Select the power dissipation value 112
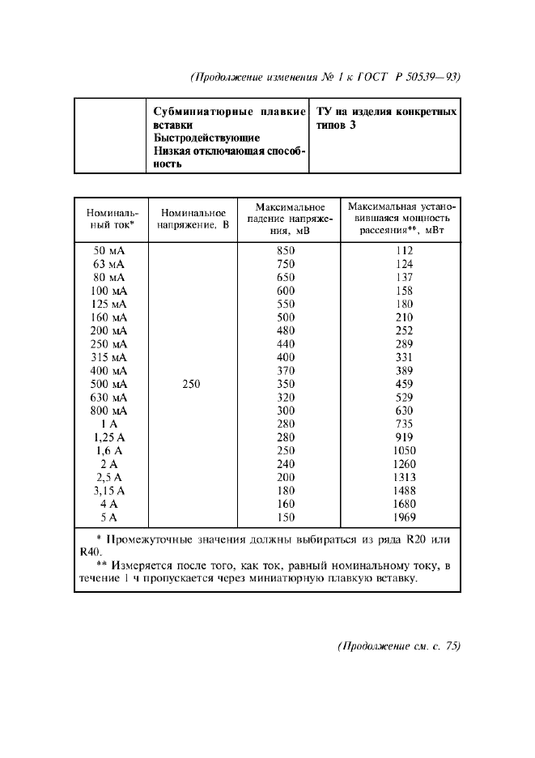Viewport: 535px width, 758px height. (405, 251)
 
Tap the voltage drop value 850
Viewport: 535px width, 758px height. (286, 251)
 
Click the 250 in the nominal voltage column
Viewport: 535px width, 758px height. (191, 384)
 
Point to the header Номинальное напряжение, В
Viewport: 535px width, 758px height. (193, 218)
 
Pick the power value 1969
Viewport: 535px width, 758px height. (405, 517)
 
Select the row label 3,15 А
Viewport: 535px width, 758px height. (109, 490)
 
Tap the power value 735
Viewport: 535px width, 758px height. (405, 424)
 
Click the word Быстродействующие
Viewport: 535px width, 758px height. (206, 138)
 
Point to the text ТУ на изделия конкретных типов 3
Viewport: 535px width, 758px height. (384, 118)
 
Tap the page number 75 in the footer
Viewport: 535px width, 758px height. (446, 646)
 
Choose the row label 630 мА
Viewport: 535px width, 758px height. (109, 397)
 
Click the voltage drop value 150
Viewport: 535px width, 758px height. (286, 517)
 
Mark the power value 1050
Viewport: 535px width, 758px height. (405, 450)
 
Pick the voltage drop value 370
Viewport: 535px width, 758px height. (286, 370)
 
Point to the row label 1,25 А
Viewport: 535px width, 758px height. (109, 437)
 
